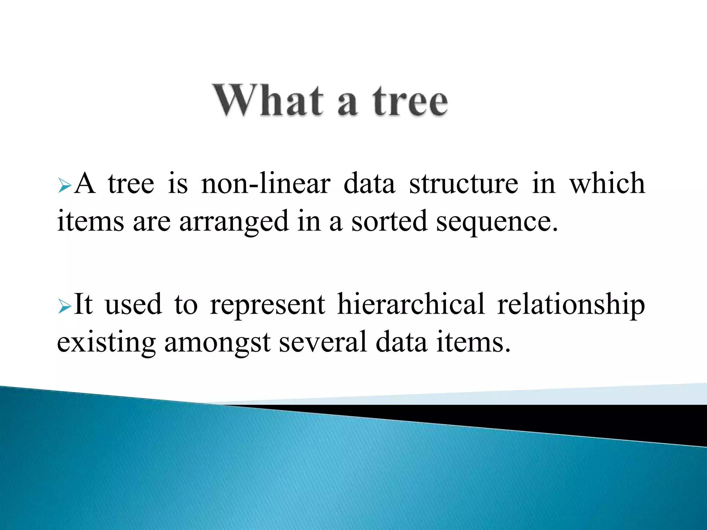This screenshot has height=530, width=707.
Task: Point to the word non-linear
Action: (x=265, y=184)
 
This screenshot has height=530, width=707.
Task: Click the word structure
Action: (x=463, y=184)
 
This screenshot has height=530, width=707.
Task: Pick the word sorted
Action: (x=389, y=221)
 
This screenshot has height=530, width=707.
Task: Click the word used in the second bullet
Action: (x=133, y=304)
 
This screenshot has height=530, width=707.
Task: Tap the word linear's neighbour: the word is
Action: (x=178, y=184)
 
